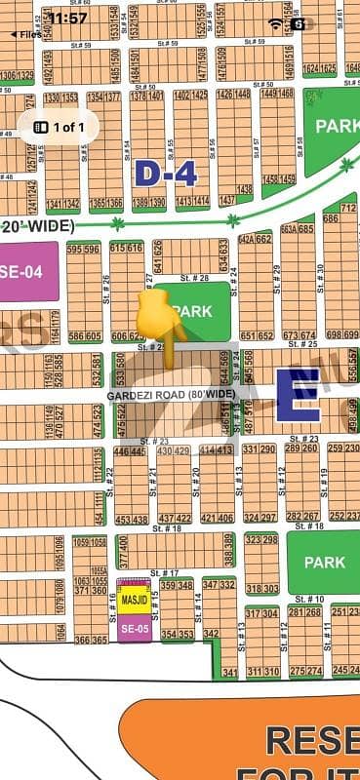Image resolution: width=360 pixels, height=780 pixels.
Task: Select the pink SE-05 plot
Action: tap(134, 628)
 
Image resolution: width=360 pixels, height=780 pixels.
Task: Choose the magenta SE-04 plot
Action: tap(20, 272)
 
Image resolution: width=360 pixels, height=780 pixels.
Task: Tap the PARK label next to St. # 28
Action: tap(192, 310)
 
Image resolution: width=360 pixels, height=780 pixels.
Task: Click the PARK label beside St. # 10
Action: tap(324, 562)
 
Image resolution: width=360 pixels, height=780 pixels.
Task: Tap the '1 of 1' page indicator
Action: tap(59, 127)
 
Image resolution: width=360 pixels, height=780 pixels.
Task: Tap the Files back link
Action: tap(26, 33)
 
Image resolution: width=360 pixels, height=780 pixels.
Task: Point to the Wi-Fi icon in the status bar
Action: tap(276, 21)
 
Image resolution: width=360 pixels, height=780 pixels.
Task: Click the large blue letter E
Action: tap(298, 394)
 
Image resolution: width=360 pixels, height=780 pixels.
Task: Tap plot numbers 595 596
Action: tap(84, 250)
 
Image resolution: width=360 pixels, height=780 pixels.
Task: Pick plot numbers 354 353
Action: tap(177, 634)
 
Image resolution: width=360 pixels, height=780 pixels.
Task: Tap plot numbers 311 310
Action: tap(263, 672)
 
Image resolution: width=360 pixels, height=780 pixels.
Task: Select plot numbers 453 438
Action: tap(132, 520)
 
